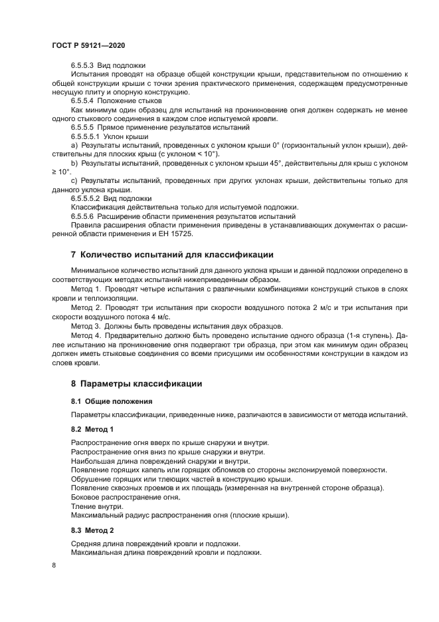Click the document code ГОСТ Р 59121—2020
pyautogui.click(x=88, y=45)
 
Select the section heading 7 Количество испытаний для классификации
pyautogui.click(x=172, y=255)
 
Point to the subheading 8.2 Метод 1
pyautogui.click(x=92, y=429)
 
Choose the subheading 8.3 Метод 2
pyautogui.click(x=92, y=530)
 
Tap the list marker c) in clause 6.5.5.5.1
pyautogui.click(x=74, y=180)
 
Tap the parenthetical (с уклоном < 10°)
pyautogui.click(x=187, y=153)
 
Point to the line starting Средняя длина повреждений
pyautogui.click(x=155, y=544)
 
